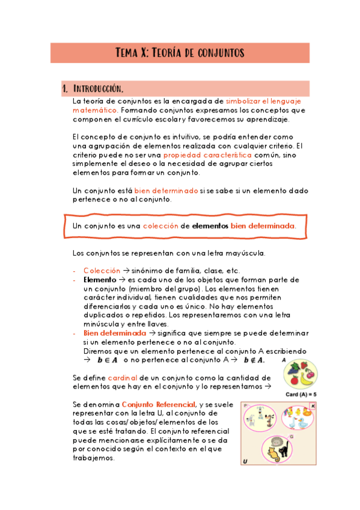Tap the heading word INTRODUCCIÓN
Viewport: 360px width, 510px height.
(99, 89)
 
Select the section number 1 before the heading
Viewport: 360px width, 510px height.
(64, 89)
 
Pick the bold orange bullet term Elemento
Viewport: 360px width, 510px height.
(99, 280)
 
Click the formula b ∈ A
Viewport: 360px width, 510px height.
(106, 360)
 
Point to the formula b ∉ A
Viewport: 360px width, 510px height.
(254, 360)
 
